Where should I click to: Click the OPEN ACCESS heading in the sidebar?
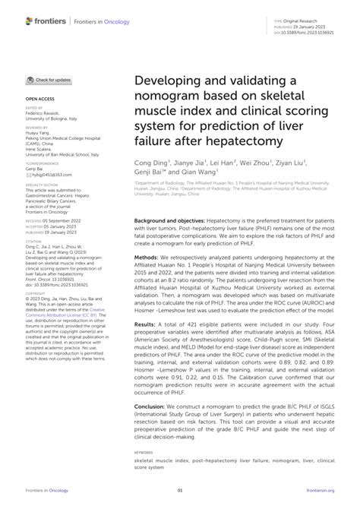click(39, 99)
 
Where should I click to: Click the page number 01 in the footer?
click(180, 492)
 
